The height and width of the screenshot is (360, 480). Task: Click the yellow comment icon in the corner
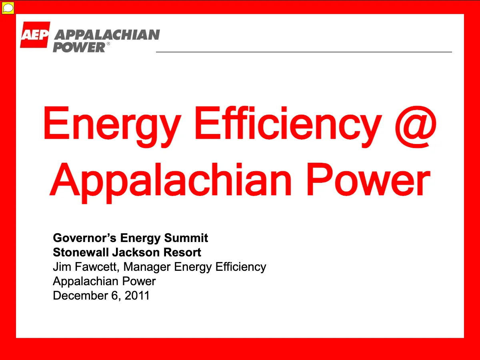(8, 8)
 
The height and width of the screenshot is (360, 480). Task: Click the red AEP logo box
(35, 34)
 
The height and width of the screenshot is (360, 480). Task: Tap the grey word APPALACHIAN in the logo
(107, 35)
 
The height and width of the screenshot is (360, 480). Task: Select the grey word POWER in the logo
(79, 47)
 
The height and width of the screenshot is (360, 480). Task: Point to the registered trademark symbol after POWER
(108, 44)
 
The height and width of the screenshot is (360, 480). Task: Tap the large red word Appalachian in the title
(170, 183)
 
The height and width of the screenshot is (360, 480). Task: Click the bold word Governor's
(85, 238)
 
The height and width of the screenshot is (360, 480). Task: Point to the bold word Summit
(186, 238)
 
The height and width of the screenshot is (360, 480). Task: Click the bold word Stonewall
(81, 252)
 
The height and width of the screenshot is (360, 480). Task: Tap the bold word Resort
(182, 252)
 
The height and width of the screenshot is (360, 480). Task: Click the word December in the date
(80, 296)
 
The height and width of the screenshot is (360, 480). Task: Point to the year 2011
(137, 296)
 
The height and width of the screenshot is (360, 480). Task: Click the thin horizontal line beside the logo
(304, 52)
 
